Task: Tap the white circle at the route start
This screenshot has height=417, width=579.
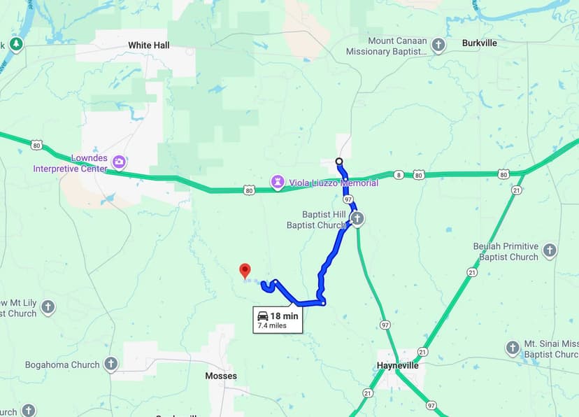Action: pos(339,162)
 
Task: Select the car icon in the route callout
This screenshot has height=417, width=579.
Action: pos(263,316)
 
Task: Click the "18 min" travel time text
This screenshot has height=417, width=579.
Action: pos(284,316)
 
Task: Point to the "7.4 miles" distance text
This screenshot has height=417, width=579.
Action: pos(272,325)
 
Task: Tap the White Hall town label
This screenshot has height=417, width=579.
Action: pos(148,45)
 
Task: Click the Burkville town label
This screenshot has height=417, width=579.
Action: pos(479,43)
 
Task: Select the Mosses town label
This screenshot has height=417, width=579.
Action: pos(221,376)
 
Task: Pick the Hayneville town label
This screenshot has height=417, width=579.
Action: pos(398,365)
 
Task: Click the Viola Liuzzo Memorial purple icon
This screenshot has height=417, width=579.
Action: pos(278,183)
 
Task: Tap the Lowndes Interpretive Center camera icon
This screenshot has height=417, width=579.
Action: pos(119,163)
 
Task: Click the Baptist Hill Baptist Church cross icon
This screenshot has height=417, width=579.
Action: pos(357,219)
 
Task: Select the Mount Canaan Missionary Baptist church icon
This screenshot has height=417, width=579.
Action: pos(438,46)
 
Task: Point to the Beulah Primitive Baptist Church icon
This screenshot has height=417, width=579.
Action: pos(550,251)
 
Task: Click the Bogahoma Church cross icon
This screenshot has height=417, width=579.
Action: pos(110,364)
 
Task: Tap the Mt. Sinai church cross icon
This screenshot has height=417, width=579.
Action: pos(513,348)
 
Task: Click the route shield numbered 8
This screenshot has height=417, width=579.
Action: pos(398,175)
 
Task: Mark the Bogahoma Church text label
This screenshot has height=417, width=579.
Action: pos(62,365)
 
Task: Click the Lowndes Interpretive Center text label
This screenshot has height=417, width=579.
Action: pos(70,164)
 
